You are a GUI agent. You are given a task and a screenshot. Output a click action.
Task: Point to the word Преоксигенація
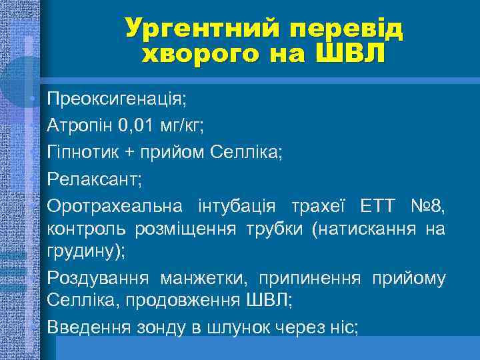pyautogui.click(x=117, y=100)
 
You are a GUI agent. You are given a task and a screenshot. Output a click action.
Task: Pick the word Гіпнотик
pyautogui.click(x=81, y=152)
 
